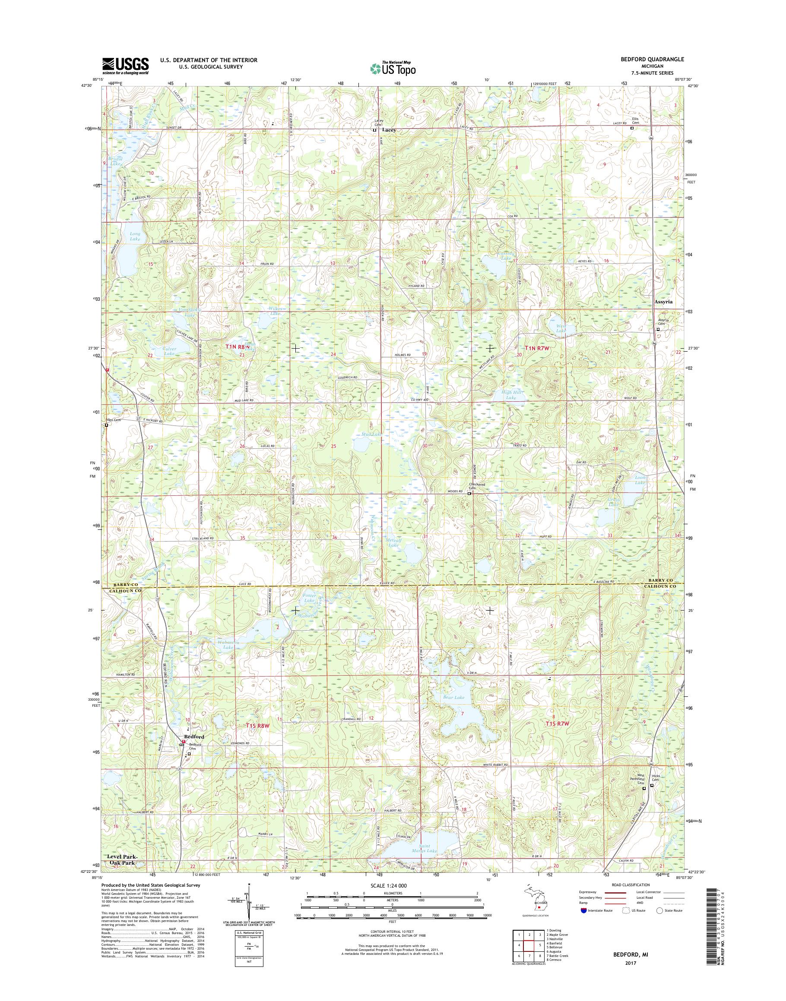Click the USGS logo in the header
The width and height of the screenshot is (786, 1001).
pos(125,66)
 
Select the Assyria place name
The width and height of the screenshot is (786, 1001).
pos(663,302)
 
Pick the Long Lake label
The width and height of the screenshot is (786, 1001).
pos(135,236)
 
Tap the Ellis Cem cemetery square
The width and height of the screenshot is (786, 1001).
pos(631,129)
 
